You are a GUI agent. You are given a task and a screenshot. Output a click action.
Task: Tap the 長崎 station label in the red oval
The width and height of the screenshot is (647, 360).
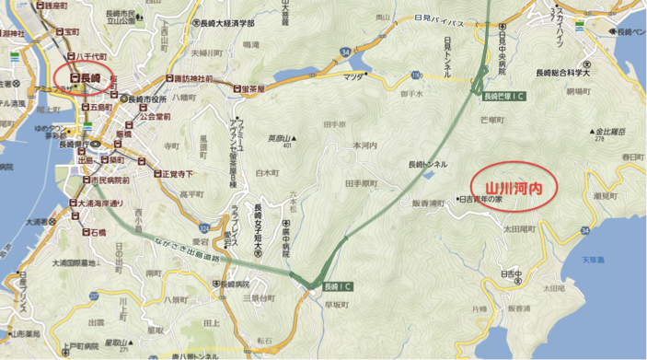pyautogui.click(x=86, y=78)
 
